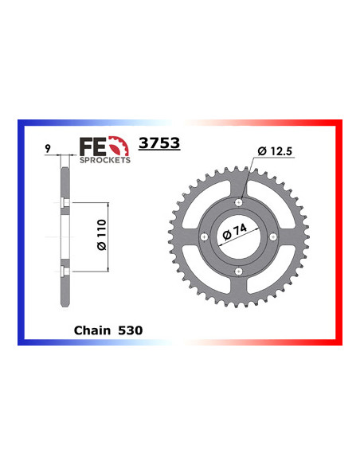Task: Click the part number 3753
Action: tap(159, 144)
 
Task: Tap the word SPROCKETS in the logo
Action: tap(104, 159)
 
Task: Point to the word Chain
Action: tap(90, 329)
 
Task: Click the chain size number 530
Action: tap(131, 329)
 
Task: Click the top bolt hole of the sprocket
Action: tap(238, 201)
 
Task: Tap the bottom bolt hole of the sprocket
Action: tap(238, 271)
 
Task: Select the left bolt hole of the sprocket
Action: tap(204, 236)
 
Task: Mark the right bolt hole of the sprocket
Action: tap(272, 236)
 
